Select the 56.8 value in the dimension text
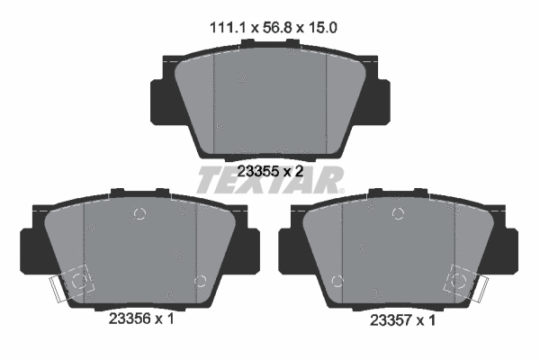[269, 29]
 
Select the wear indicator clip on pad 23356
[74, 283]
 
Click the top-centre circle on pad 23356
[138, 214]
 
